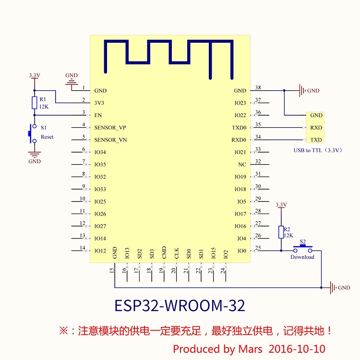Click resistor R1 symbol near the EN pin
point(34,102)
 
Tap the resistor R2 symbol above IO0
point(281,232)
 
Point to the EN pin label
point(98,116)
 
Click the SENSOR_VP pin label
point(110,128)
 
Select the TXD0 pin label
point(239,128)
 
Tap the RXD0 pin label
point(239,140)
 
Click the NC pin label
point(242,165)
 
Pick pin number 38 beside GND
point(258,88)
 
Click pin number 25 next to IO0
point(258,248)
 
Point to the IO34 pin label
point(100,153)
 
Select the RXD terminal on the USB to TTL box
point(316,128)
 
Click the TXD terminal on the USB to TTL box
point(316,140)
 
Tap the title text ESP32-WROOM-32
point(180,305)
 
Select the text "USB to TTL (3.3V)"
point(318,150)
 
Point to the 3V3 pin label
point(99,103)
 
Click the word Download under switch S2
point(302,257)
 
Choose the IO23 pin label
point(240,103)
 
